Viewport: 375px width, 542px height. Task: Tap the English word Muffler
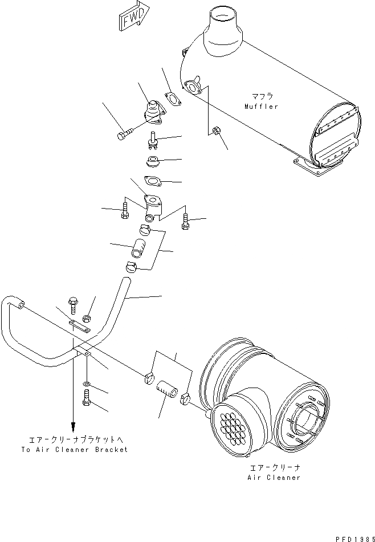(261, 107)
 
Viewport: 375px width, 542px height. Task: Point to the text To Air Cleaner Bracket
(74, 449)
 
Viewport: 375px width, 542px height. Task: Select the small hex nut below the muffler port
(216, 132)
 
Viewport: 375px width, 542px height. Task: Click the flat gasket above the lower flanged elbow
(152, 181)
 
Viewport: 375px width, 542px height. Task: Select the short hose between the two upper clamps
(139, 249)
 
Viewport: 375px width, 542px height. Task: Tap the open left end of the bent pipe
(21, 306)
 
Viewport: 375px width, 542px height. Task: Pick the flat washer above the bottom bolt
(85, 384)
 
